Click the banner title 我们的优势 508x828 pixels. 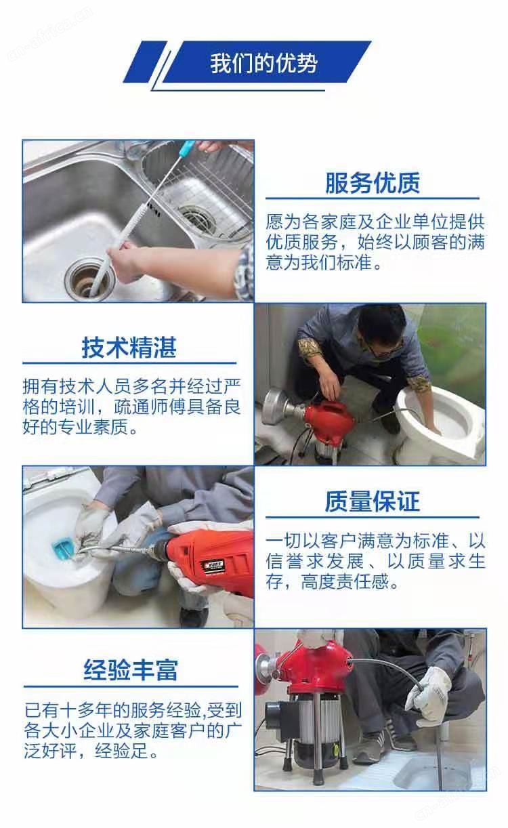coord(263,63)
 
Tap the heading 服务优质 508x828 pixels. coord(373,183)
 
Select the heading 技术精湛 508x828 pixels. coord(129,348)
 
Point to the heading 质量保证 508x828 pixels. coord(373,501)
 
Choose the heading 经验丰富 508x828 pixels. coord(131,669)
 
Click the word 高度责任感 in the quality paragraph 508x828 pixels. coord(345,581)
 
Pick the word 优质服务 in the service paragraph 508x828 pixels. coord(302,243)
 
